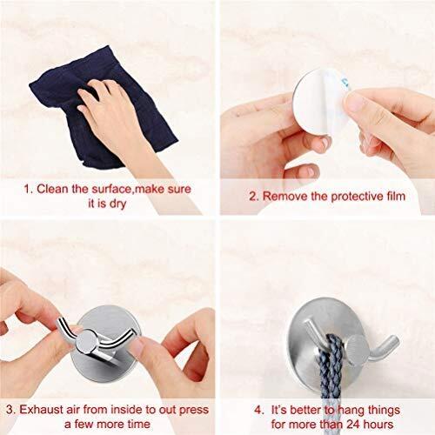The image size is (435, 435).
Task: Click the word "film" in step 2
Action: (x=391, y=197)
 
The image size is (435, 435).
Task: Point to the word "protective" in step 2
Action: (x=345, y=197)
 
